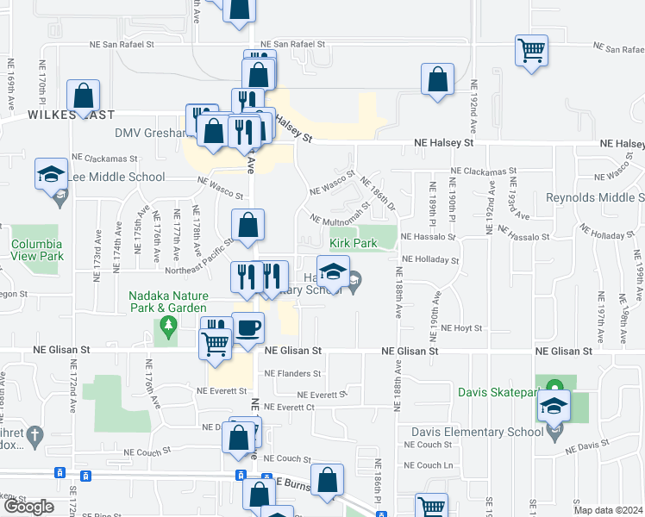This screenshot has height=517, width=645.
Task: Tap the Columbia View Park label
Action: point(37,250)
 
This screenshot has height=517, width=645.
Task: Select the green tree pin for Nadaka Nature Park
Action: point(168,326)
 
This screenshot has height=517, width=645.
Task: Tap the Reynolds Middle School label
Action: point(595,197)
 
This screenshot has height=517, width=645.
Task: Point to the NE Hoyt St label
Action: point(458,328)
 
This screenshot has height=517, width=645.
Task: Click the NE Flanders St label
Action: point(292,374)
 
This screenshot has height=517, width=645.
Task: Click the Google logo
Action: point(28,507)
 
